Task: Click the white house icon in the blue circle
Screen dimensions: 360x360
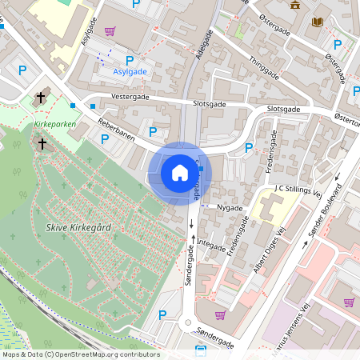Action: [180, 172]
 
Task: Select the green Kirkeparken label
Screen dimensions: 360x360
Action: [54, 126]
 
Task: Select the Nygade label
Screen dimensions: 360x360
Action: [230, 206]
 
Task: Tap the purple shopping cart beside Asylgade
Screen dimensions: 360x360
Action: [110, 31]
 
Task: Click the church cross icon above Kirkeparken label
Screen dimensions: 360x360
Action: [40, 98]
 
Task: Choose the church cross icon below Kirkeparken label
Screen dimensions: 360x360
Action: [42, 144]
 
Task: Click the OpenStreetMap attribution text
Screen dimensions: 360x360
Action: [80, 354]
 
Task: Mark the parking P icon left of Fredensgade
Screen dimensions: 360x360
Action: [249, 148]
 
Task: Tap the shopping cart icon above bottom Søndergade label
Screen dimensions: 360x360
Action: [220, 314]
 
